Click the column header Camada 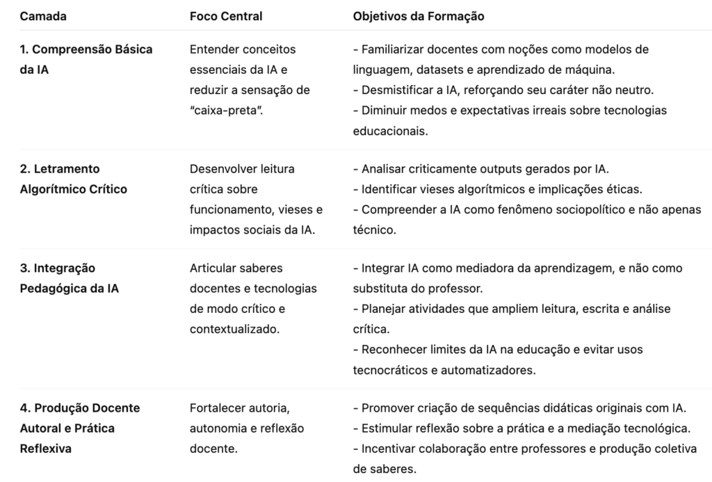click(43, 16)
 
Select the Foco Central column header click(226, 16)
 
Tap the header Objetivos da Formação click(419, 16)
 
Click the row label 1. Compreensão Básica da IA click(86, 59)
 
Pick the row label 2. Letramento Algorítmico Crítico click(73, 179)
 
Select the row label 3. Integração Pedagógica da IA click(69, 278)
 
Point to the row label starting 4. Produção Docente click(79, 428)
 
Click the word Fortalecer click(217, 408)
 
